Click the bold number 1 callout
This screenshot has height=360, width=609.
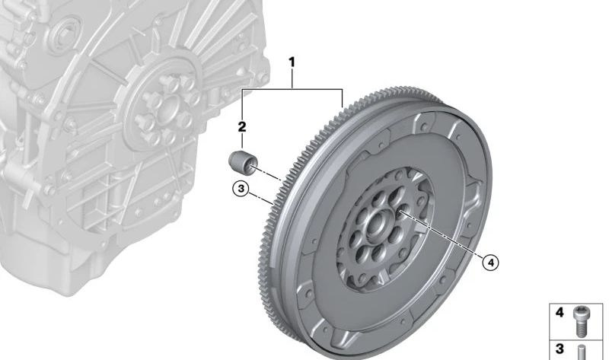[292, 62]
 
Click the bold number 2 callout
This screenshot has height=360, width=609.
[242, 126]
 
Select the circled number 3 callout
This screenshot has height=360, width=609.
[241, 189]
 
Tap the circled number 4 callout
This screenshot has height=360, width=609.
[490, 263]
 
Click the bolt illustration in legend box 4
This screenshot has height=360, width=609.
[581, 320]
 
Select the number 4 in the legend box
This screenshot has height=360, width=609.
[560, 312]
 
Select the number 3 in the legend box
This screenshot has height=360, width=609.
[560, 349]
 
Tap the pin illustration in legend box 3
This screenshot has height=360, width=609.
[582, 352]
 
